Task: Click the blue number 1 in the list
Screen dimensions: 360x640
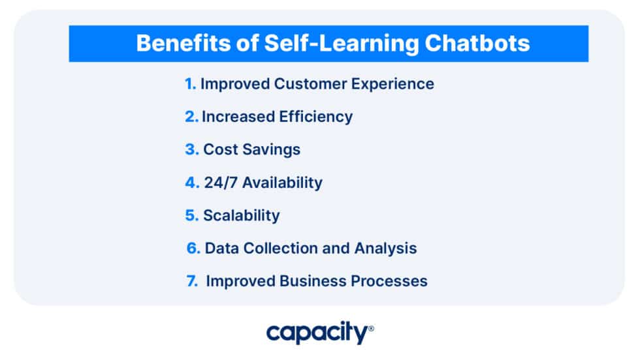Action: pyautogui.click(x=189, y=84)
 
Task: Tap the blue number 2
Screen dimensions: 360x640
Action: pyautogui.click(x=191, y=117)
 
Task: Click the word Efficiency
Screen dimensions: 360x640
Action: pyautogui.click(x=315, y=117)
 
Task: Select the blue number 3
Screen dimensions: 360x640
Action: pyautogui.click(x=191, y=149)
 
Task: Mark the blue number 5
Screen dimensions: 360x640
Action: pyautogui.click(x=191, y=215)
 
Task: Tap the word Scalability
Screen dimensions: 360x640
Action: pyautogui.click(x=241, y=215)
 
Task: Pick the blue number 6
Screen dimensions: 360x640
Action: pyautogui.click(x=192, y=248)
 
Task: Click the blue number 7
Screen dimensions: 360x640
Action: pyautogui.click(x=192, y=281)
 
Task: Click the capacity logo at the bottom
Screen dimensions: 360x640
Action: pyautogui.click(x=319, y=333)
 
